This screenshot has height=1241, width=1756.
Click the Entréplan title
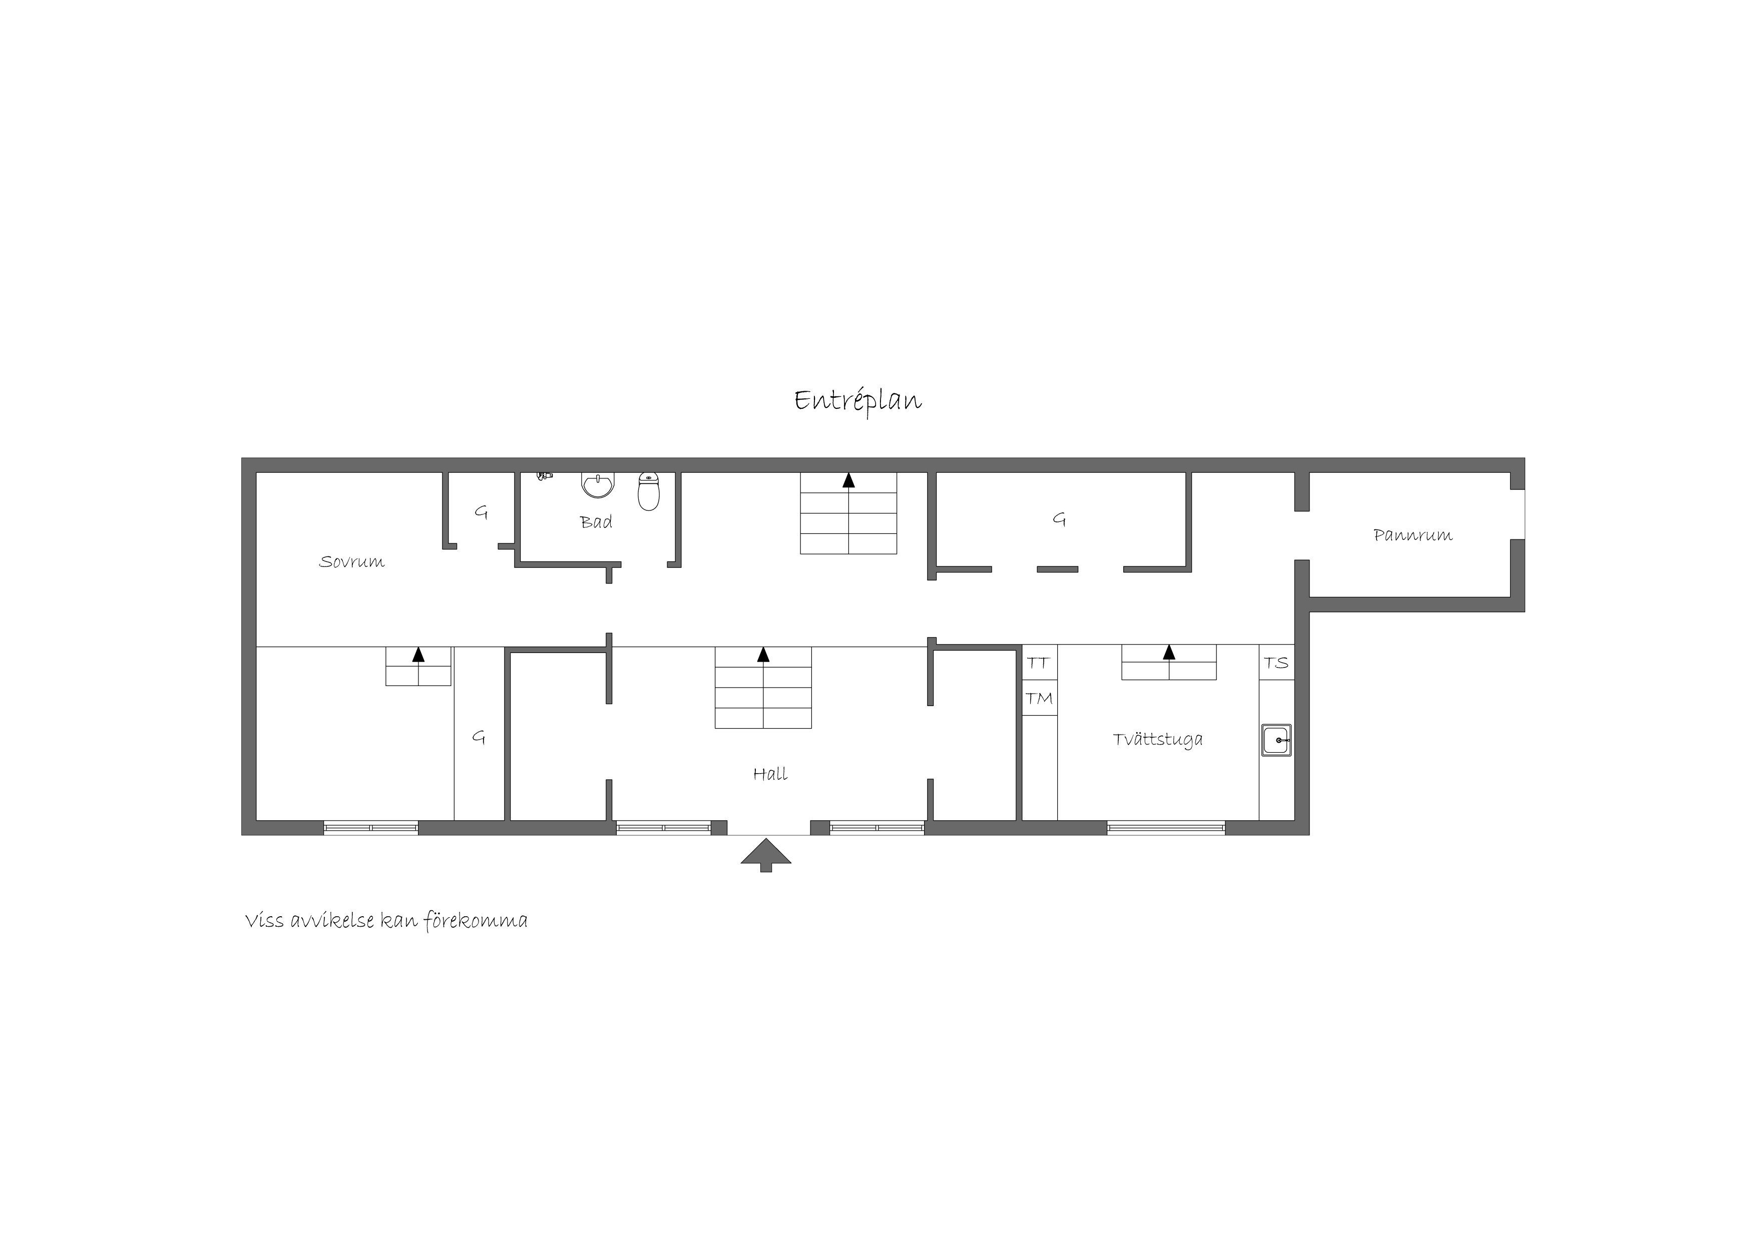click(x=857, y=401)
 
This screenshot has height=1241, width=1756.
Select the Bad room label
click(x=596, y=522)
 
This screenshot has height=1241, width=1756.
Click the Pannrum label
click(x=1413, y=535)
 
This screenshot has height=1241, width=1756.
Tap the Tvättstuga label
click(x=1158, y=740)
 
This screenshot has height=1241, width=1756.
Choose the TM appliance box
click(x=1039, y=698)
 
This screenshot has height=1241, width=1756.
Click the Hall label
click(x=770, y=775)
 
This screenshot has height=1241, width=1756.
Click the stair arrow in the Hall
click(x=763, y=655)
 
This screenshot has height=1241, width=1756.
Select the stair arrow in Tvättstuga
click(x=1169, y=652)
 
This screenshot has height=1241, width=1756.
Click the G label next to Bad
click(x=481, y=512)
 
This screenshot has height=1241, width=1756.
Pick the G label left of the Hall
click(x=479, y=737)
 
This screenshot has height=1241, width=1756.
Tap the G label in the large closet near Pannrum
click(x=1059, y=519)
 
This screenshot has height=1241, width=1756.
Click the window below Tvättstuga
click(x=1166, y=827)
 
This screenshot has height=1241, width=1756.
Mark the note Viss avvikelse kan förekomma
click(x=386, y=921)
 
